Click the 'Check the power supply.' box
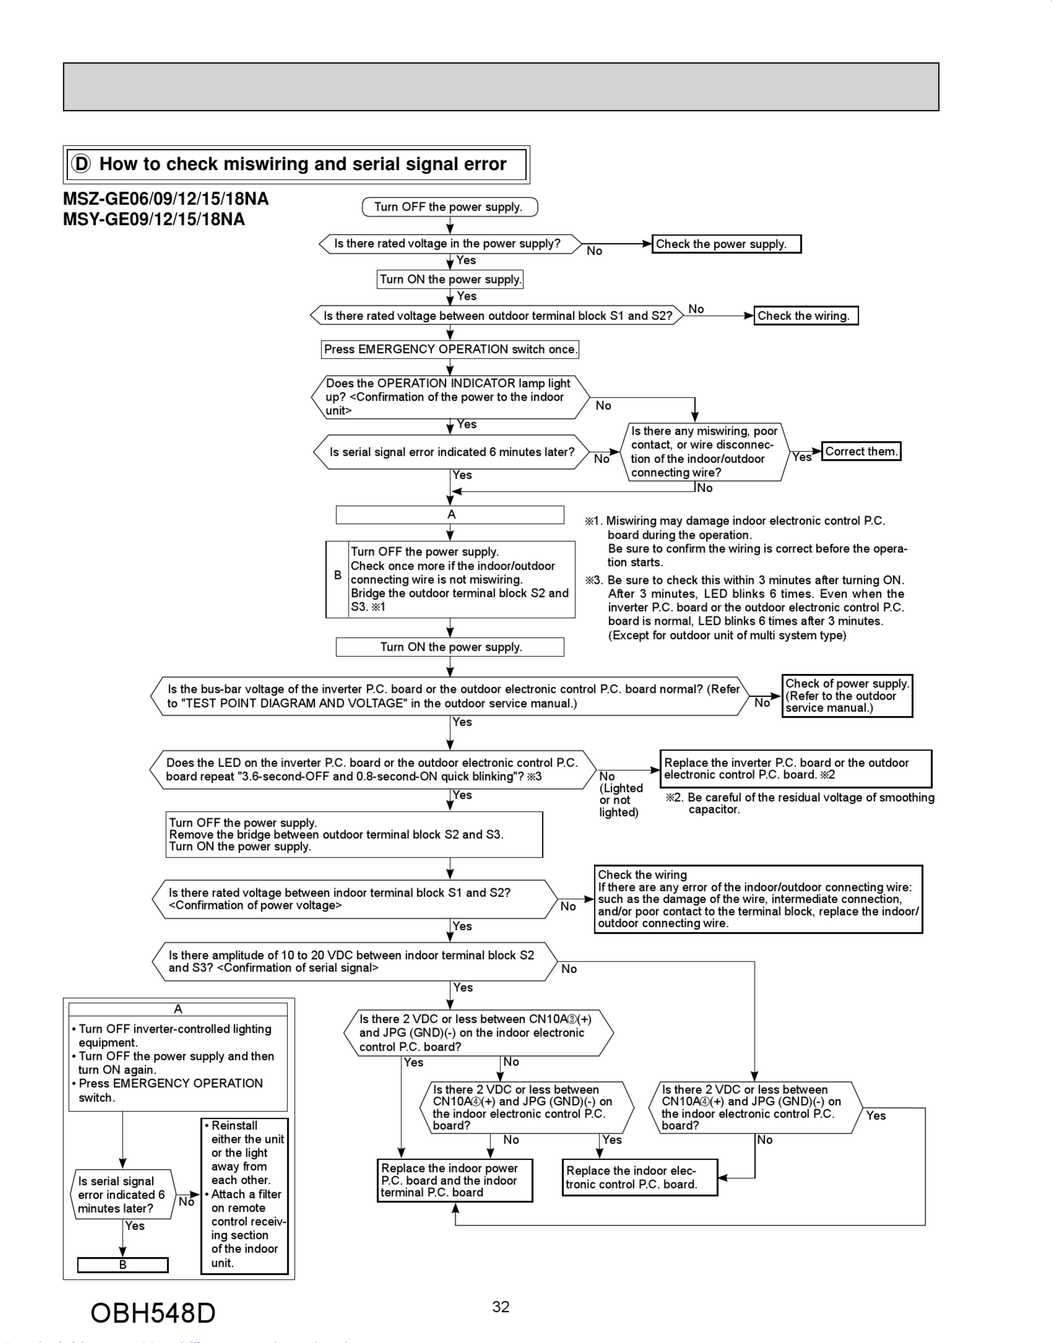(x=726, y=244)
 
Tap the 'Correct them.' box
(x=861, y=451)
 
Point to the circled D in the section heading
(x=81, y=164)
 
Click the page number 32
(x=501, y=1307)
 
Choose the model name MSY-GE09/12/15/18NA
(x=154, y=219)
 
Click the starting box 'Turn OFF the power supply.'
(x=450, y=207)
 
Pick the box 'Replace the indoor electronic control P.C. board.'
(x=639, y=1177)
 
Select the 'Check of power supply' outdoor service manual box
(x=847, y=696)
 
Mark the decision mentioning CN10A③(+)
(x=478, y=1033)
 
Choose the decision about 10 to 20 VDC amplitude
(x=354, y=961)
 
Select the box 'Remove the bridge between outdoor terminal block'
(x=354, y=835)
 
